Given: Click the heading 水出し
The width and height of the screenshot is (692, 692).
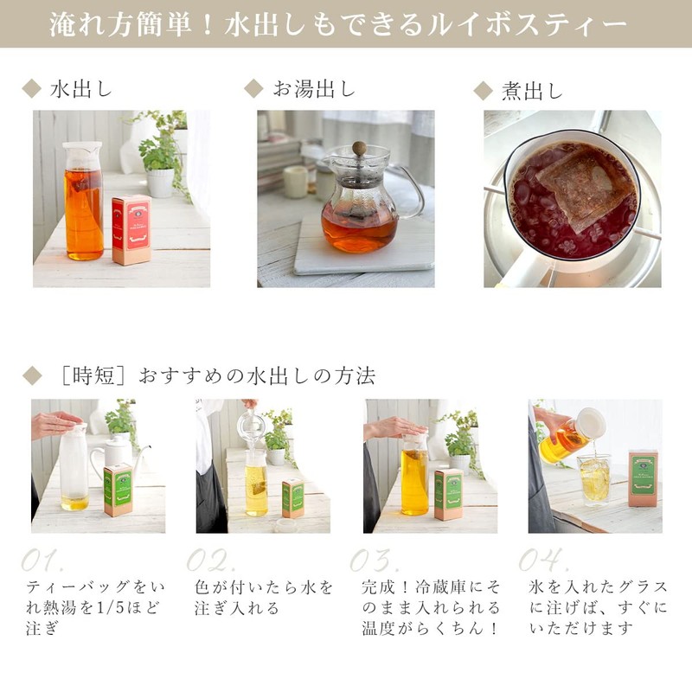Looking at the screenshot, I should [82, 89].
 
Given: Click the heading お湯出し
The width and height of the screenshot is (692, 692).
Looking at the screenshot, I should [314, 89].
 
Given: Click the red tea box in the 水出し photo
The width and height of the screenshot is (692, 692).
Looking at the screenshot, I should [131, 229].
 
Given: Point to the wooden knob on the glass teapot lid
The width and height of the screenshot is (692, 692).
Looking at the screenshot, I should [358, 148].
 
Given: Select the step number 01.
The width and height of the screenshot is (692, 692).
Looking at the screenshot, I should [43, 558].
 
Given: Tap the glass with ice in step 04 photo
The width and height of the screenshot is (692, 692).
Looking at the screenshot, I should [594, 478].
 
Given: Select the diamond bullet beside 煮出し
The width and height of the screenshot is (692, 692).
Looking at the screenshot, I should [484, 90].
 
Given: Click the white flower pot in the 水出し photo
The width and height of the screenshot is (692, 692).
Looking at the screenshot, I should [160, 182].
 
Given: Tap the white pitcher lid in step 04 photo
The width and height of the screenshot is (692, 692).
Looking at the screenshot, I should [592, 422].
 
